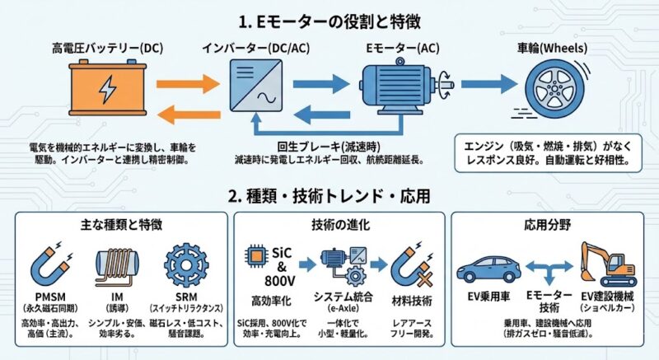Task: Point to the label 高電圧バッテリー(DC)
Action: [107, 49]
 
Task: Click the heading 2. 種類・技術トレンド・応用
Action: [329, 198]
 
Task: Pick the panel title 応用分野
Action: [546, 223]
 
